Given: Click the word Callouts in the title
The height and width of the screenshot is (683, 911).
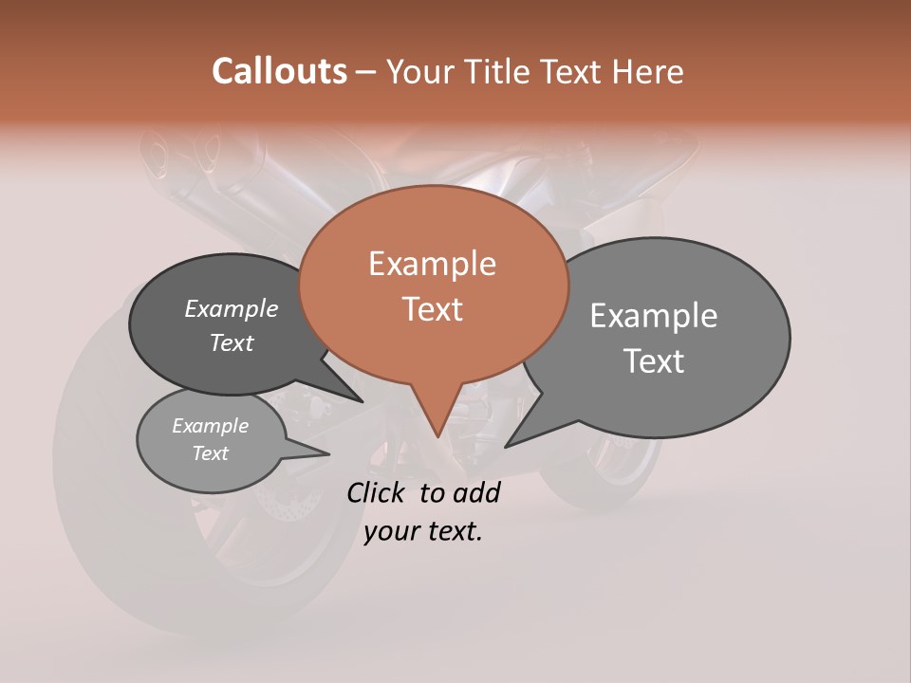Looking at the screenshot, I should click(279, 71).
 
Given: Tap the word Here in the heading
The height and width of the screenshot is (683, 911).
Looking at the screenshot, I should click(645, 71).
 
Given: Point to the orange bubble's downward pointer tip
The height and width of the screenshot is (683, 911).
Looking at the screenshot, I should click(437, 437).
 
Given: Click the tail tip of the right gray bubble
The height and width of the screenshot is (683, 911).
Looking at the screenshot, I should click(506, 447).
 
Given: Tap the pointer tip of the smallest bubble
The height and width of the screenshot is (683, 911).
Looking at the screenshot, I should click(328, 454).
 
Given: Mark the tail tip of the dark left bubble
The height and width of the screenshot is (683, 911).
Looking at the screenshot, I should click(363, 402).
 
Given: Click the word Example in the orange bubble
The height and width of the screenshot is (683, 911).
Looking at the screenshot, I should click(432, 264).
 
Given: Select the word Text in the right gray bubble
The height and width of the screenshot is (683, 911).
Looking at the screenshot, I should click(654, 360).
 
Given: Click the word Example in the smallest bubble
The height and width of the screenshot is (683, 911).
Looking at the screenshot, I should click(210, 426).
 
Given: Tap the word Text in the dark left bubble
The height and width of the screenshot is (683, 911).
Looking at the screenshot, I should click(232, 343).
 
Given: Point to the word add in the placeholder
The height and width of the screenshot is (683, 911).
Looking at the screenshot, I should click(476, 492).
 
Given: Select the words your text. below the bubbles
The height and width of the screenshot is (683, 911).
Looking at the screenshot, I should click(423, 531).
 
